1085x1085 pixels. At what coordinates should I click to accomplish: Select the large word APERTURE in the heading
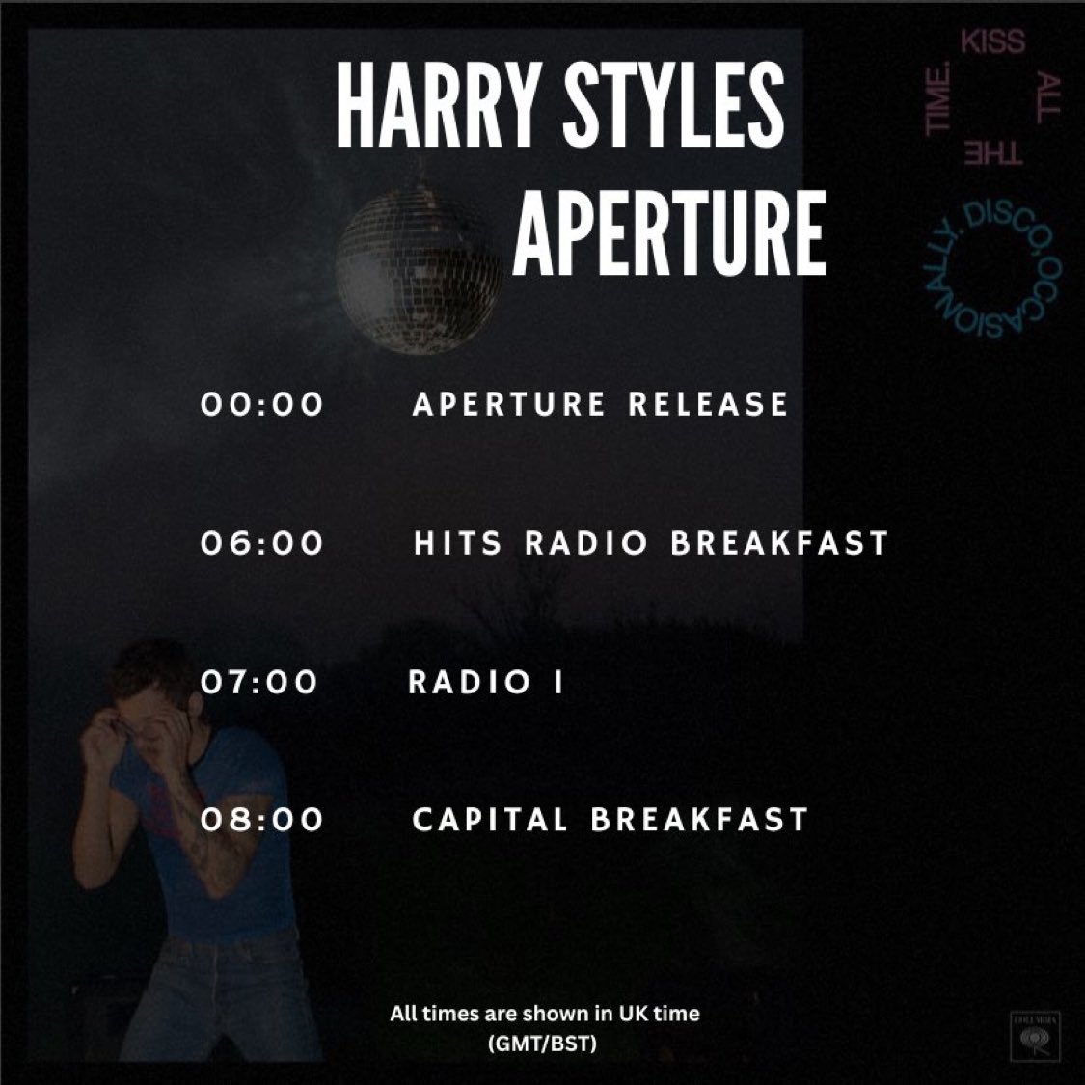[668, 232]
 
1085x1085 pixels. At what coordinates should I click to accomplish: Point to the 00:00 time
[262, 404]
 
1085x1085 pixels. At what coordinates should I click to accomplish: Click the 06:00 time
[262, 543]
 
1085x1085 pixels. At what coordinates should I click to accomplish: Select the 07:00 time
[258, 682]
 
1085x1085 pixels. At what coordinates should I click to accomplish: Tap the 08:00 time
[262, 820]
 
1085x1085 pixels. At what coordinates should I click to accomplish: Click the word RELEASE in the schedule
[708, 404]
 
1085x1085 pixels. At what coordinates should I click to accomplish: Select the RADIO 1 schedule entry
[485, 682]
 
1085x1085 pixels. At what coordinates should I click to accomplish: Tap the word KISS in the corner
[992, 42]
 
